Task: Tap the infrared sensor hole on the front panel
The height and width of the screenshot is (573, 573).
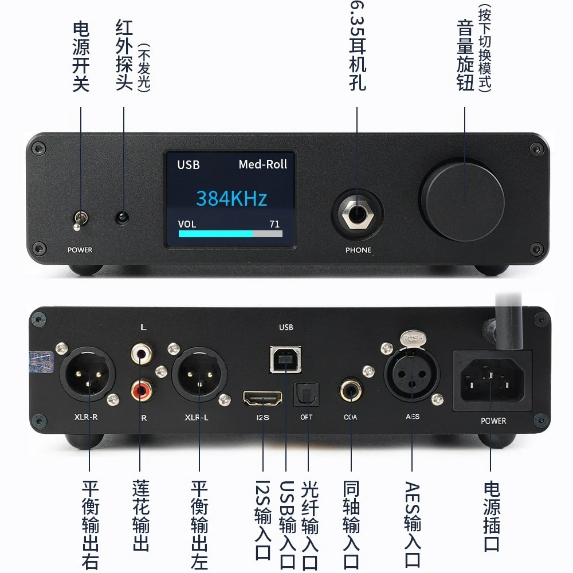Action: click(x=122, y=218)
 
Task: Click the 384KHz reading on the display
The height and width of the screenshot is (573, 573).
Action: click(x=231, y=198)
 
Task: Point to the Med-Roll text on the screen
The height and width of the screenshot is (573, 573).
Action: click(x=263, y=164)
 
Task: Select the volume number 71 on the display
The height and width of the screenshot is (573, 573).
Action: click(x=274, y=224)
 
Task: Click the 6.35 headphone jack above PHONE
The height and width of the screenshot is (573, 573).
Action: click(x=358, y=214)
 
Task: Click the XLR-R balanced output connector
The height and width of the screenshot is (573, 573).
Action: click(x=87, y=374)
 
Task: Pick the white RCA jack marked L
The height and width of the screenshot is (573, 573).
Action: click(x=142, y=353)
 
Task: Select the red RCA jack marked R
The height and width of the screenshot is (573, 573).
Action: click(x=142, y=390)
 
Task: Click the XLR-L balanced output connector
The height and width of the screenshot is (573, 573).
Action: click(x=199, y=374)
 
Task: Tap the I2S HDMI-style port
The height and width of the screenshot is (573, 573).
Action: click(x=263, y=398)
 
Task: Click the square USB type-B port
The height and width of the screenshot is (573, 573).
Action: click(x=286, y=360)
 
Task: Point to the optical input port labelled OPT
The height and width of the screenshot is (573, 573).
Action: click(x=307, y=395)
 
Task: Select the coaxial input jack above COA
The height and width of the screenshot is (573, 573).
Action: click(x=351, y=390)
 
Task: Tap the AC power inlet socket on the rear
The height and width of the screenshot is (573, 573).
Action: click(x=492, y=380)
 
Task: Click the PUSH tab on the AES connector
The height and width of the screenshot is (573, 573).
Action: click(x=413, y=338)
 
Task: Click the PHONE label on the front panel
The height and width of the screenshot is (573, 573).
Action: click(x=358, y=250)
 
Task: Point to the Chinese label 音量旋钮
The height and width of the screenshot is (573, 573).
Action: click(x=465, y=55)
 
